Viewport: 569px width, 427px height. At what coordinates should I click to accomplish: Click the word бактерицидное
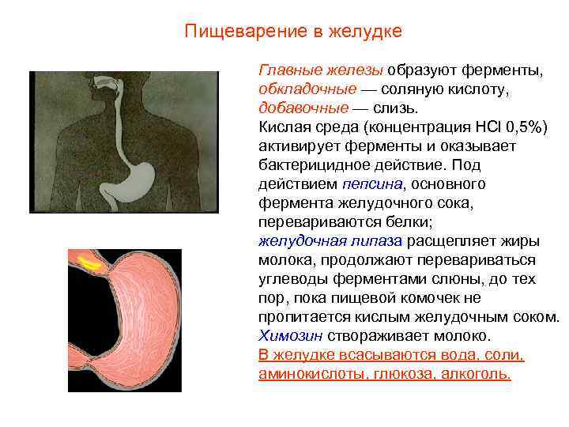tap(310, 165)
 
